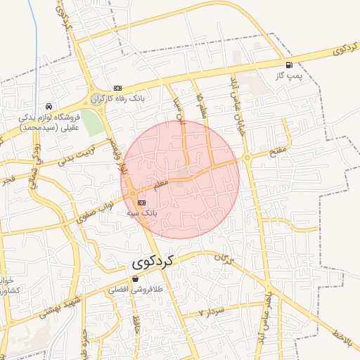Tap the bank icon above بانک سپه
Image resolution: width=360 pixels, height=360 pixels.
(x=132, y=202)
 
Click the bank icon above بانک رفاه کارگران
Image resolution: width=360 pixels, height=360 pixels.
(x=117, y=88)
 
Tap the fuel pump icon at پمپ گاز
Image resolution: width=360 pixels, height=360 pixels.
(x=289, y=65)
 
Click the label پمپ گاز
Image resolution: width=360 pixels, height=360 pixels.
(x=289, y=74)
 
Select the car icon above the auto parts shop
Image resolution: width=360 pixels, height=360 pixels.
(x=49, y=106)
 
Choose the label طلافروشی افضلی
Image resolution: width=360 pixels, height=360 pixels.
(x=135, y=289)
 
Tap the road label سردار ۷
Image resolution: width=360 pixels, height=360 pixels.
(x=210, y=310)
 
